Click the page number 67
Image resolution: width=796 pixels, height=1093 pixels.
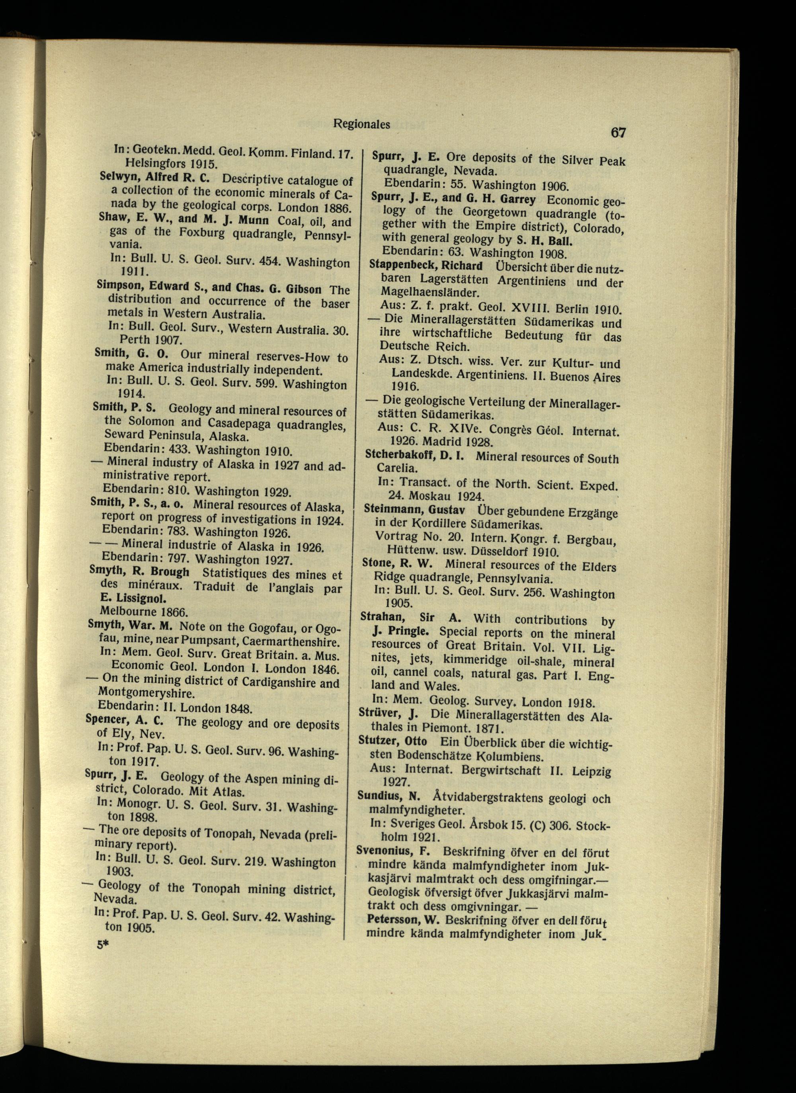(x=618, y=132)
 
